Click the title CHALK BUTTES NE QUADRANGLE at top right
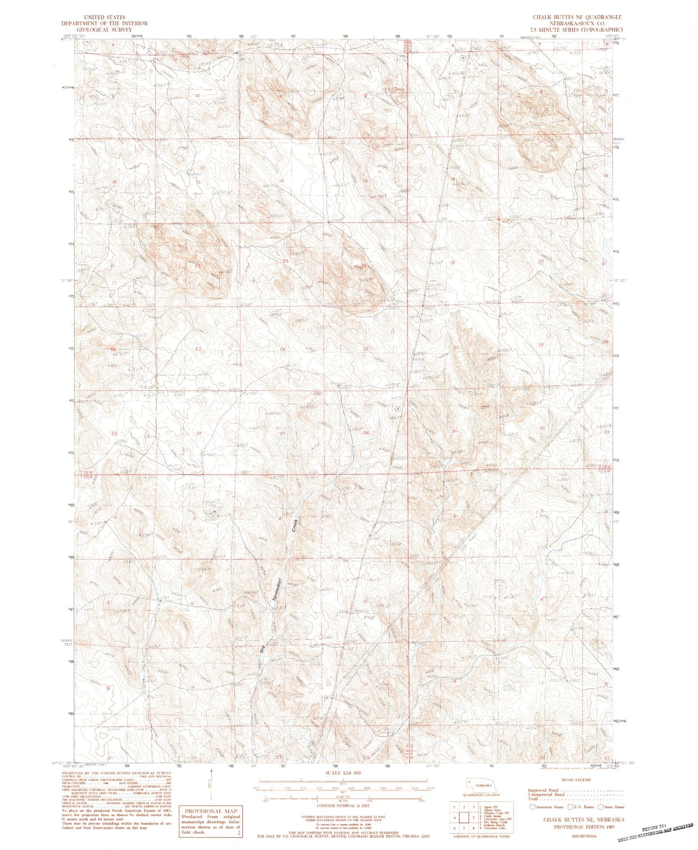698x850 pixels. pyautogui.click(x=577, y=17)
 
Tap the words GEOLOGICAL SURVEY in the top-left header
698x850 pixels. pyautogui.click(x=104, y=29)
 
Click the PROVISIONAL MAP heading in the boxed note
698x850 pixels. pyautogui.click(x=210, y=811)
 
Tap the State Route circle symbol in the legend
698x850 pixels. pyautogui.click(x=601, y=807)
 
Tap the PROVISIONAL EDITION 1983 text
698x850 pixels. pyautogui.click(x=584, y=826)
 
